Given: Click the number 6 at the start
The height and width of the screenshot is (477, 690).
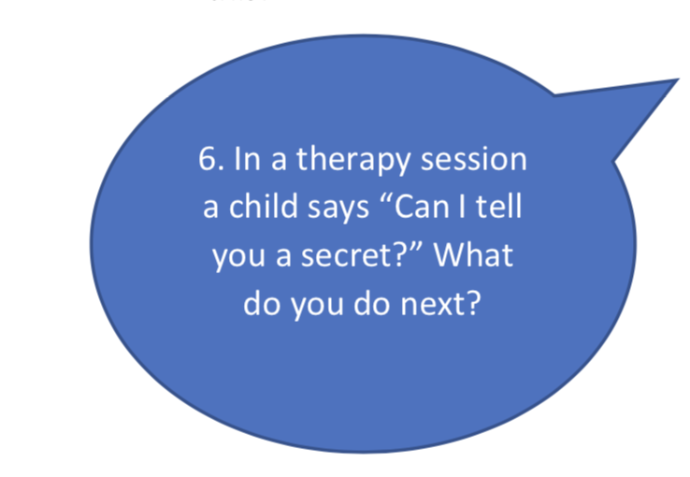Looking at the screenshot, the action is click(208, 158).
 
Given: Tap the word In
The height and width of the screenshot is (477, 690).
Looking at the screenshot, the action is click(248, 158).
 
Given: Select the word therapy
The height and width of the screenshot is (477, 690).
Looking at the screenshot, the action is click(353, 161).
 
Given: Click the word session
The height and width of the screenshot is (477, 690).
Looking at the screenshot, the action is click(474, 159).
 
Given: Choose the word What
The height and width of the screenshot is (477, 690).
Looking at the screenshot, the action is click(474, 253).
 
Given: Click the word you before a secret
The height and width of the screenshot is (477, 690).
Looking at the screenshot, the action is click(239, 257).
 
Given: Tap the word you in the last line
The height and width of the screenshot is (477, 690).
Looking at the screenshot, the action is click(318, 306).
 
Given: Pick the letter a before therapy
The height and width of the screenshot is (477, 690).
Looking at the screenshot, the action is click(279, 161).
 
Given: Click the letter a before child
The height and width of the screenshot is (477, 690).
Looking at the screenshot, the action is click(210, 209).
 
